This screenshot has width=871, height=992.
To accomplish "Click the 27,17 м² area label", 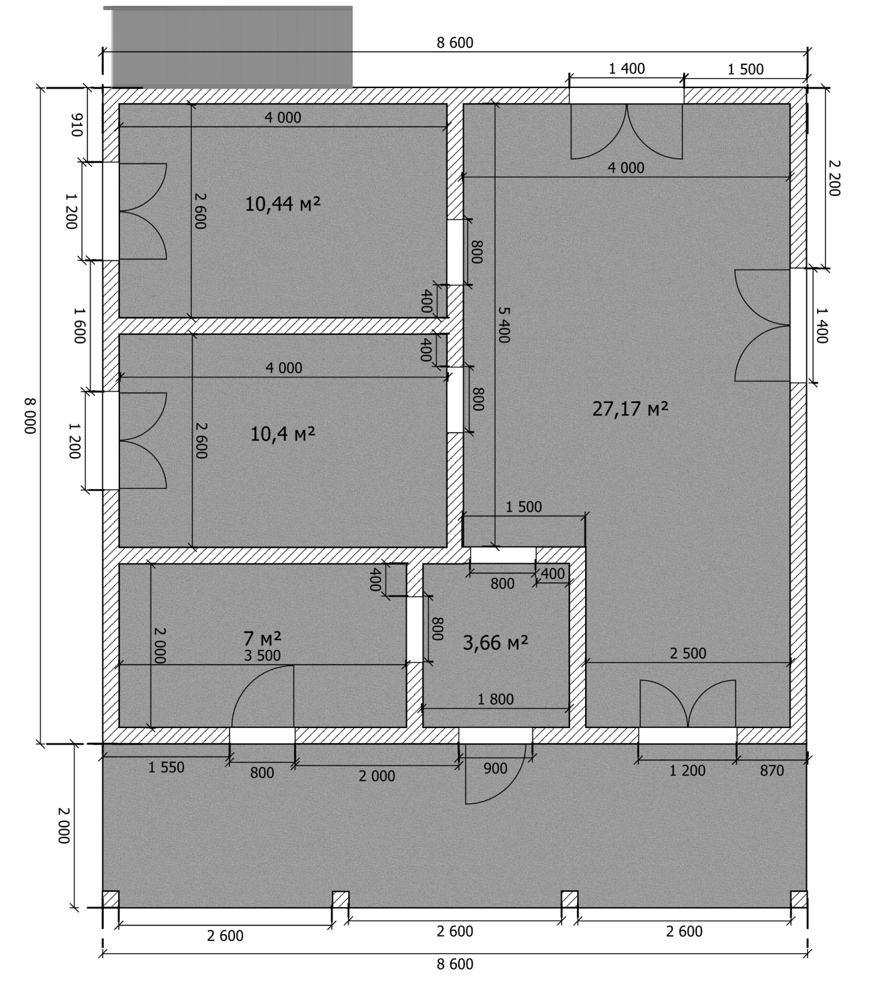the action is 630,409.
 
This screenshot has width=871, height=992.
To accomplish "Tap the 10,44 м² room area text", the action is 283,204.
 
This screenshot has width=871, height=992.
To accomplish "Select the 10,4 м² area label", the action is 283,434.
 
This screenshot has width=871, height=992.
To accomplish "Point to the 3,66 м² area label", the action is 495,643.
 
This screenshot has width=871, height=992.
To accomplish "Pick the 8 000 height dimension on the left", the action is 30,415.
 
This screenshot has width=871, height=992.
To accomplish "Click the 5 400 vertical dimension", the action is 503,324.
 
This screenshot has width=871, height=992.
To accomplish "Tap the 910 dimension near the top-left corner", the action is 77,126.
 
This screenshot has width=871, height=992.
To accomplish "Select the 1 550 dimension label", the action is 166,767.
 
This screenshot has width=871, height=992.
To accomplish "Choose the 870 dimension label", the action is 771,770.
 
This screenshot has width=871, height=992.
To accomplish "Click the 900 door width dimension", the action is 495,769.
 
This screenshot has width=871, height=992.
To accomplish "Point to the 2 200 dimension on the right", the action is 833,178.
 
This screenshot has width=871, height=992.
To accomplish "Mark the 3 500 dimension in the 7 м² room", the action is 262,656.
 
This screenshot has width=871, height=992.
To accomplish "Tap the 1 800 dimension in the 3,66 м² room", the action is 495,699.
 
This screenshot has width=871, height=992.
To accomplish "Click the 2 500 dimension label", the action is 688,654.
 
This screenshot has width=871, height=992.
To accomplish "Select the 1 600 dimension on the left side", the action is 80,326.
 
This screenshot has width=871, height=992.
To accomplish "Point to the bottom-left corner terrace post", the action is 111,899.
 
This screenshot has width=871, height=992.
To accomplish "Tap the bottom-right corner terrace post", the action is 798,899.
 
